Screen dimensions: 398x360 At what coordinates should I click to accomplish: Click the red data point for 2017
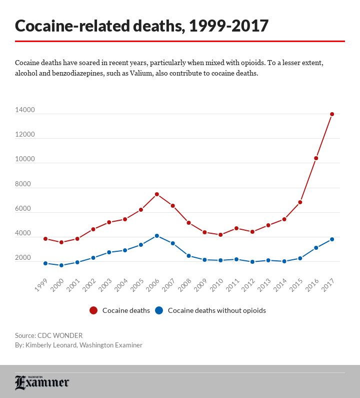tap(332, 114)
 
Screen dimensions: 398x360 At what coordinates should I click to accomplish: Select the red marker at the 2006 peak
tap(156, 194)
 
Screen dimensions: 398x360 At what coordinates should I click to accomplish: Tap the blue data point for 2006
tap(156, 236)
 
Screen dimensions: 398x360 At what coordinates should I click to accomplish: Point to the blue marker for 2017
tap(332, 239)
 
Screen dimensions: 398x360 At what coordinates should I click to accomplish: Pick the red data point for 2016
tap(316, 158)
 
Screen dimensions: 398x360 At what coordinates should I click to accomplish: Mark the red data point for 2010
tap(220, 235)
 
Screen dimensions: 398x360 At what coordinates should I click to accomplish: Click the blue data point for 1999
tap(45, 263)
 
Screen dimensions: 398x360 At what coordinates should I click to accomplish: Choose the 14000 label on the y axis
tap(24, 110)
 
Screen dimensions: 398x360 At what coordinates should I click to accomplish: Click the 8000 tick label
tap(23, 184)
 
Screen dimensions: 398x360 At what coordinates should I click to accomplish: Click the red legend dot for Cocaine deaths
tap(93, 310)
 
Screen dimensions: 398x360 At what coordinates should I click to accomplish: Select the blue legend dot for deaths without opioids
tap(159, 310)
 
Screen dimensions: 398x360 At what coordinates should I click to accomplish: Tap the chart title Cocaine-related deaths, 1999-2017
tap(142, 26)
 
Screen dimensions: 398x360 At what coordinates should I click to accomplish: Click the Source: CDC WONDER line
tap(48, 335)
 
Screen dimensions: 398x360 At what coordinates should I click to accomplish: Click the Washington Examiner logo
tap(42, 382)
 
